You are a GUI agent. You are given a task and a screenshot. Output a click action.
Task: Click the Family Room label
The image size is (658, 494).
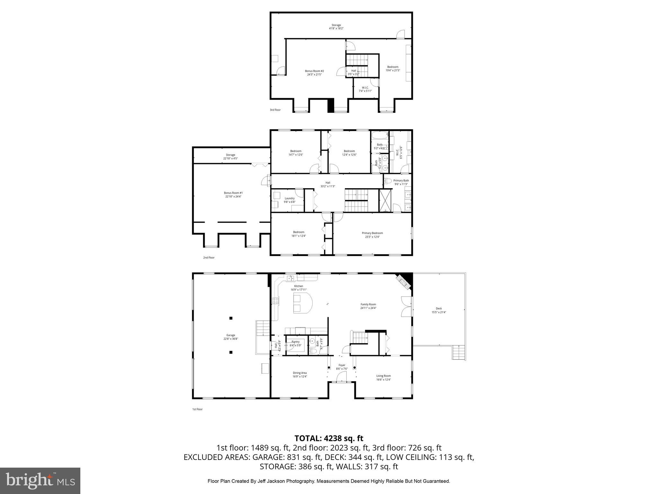(368, 306)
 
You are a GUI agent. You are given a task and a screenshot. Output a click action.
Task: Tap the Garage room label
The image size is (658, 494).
(230, 337)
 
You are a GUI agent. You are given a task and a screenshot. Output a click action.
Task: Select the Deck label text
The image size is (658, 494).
(439, 310)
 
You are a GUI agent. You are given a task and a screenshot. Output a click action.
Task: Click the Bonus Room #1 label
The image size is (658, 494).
(233, 194)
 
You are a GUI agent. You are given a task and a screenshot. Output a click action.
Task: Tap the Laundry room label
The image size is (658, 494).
(289, 200)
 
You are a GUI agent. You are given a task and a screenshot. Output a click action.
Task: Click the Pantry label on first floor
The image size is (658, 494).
(295, 343)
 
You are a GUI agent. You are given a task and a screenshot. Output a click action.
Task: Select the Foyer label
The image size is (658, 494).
(342, 367)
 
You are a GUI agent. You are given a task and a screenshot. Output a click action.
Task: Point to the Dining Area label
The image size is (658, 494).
(299, 375)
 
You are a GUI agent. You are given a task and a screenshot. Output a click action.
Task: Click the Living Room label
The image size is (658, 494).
(383, 378)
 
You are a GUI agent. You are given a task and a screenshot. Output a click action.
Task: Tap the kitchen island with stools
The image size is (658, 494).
(302, 303)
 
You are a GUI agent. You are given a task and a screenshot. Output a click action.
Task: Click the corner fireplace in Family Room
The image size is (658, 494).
(404, 282)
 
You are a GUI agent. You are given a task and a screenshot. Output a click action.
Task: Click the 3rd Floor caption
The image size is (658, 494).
(275, 110)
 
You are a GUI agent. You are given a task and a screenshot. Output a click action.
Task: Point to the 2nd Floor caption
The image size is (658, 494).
(209, 258)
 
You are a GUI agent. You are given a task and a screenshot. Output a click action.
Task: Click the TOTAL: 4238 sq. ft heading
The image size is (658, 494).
(329, 438)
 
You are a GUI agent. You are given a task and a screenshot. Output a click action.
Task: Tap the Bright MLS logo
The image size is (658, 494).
(40, 480)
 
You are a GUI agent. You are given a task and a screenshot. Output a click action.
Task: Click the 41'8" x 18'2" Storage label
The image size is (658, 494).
(336, 27)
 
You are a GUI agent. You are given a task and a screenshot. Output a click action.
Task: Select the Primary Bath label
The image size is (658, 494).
(401, 182)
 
